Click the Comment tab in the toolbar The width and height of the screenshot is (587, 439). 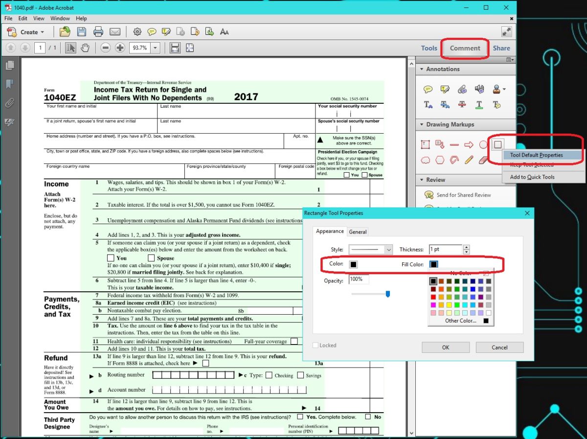click(465, 48)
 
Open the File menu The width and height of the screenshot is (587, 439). click(8, 19)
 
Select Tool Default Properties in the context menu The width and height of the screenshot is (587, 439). click(536, 155)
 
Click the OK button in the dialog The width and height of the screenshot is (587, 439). click(445, 347)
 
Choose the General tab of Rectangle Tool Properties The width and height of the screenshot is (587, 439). click(358, 232)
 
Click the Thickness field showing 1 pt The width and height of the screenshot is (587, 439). click(445, 249)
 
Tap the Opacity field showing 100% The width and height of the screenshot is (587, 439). click(359, 279)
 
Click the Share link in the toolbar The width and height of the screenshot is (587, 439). click(501, 48)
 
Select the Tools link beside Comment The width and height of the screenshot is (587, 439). click(429, 48)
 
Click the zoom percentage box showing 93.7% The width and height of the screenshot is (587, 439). click(139, 48)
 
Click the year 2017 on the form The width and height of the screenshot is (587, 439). click(246, 96)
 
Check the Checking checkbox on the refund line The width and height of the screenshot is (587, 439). click(269, 375)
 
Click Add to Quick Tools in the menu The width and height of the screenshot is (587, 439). click(532, 177)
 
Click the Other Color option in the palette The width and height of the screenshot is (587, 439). click(461, 321)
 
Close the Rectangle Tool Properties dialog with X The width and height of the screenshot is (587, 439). click(527, 213)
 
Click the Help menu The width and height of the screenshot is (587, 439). click(81, 19)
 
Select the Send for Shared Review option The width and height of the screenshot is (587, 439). click(463, 195)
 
